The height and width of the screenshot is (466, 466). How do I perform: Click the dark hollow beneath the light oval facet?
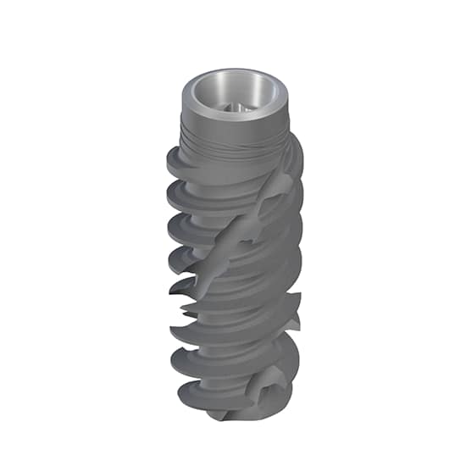click(269, 227)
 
